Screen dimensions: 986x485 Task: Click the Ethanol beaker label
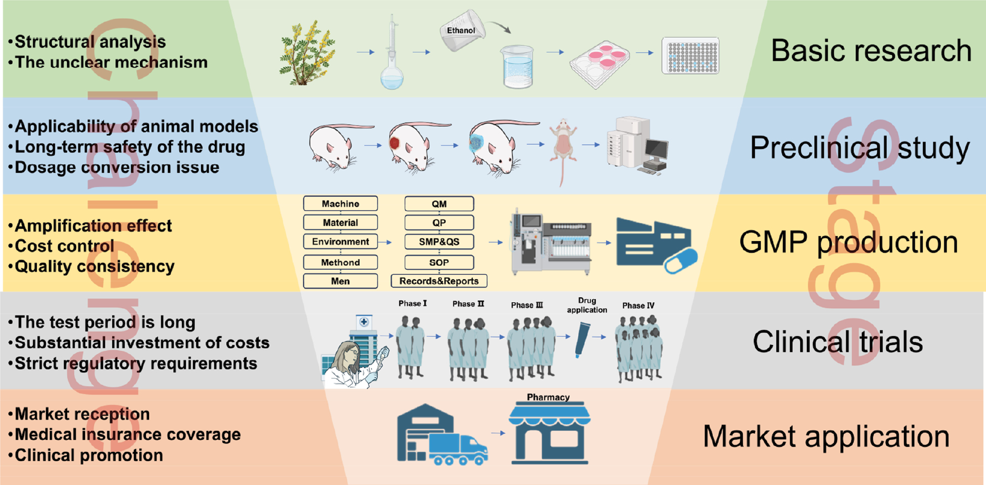(461, 30)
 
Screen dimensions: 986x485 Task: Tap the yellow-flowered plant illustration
(307, 53)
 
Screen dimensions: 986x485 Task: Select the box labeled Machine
(340, 204)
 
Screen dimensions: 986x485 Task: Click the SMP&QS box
(439, 242)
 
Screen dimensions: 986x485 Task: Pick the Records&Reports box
(439, 281)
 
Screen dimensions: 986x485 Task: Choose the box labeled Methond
(340, 262)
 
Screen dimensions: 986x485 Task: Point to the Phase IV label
(638, 306)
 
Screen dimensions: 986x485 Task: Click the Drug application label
(587, 305)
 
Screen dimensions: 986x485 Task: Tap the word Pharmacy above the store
(548, 397)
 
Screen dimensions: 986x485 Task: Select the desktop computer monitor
(656, 149)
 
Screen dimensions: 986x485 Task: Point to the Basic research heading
(871, 51)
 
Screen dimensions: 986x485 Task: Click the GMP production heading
(848, 242)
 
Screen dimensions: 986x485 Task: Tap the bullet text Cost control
(64, 246)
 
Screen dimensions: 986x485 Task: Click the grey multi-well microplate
(691, 55)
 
